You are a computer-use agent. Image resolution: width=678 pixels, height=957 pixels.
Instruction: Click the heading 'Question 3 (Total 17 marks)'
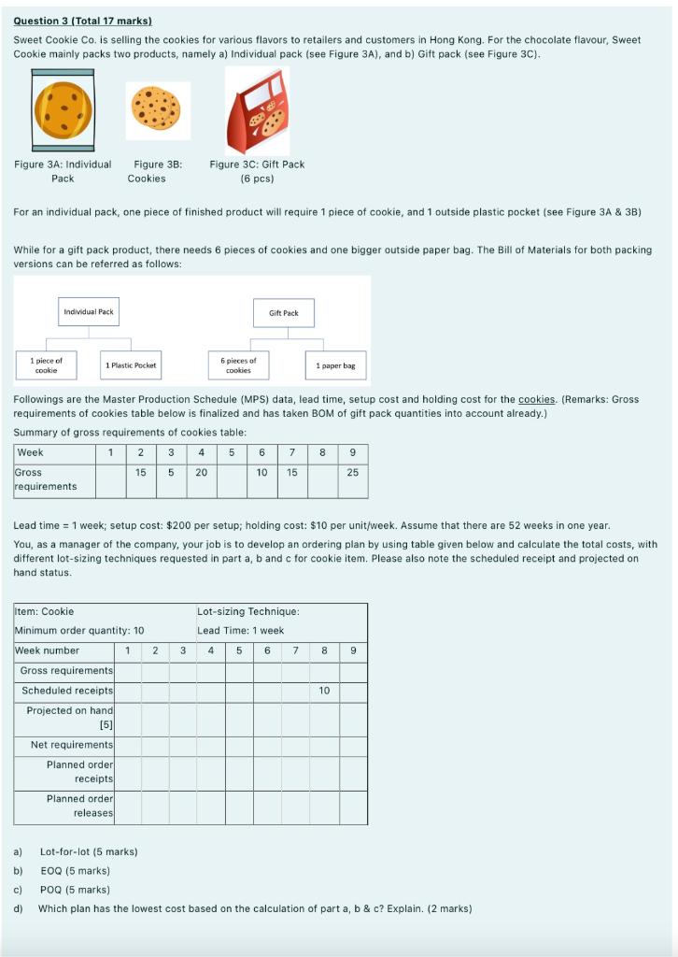(82, 21)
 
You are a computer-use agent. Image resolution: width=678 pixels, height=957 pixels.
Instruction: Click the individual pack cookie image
(63, 109)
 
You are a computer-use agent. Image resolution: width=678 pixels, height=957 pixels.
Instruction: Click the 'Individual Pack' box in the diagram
(89, 311)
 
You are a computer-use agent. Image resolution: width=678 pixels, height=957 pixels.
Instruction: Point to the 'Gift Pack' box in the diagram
(283, 313)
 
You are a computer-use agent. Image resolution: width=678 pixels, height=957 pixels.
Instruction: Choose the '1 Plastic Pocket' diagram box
(131, 365)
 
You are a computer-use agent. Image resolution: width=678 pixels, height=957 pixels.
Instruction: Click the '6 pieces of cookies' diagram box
(238, 365)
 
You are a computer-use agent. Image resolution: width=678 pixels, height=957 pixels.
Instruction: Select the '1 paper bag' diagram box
(335, 365)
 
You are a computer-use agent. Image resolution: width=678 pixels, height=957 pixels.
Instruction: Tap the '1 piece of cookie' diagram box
(47, 365)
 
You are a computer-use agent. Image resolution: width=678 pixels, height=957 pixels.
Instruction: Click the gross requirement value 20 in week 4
(202, 473)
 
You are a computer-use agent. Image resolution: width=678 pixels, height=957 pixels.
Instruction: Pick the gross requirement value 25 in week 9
(352, 473)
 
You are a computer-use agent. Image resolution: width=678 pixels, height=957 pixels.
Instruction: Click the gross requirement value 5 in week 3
(171, 473)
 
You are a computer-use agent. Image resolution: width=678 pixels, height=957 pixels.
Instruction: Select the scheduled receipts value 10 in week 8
(324, 691)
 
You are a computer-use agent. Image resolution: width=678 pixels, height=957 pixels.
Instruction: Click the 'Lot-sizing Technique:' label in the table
(247, 611)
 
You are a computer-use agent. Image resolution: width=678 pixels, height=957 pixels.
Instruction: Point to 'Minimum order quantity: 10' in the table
(79, 631)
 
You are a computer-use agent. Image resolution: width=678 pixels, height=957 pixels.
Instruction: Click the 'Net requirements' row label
(71, 745)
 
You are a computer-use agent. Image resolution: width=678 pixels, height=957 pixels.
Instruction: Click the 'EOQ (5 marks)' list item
(75, 871)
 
